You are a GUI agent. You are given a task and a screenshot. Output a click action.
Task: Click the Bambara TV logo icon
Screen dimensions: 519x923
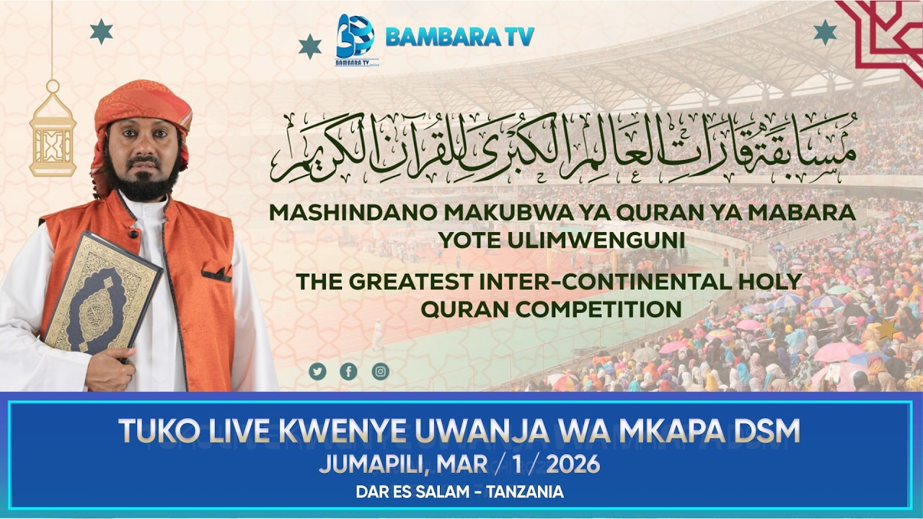355,37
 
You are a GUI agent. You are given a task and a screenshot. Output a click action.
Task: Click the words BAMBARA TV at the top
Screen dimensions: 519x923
459,37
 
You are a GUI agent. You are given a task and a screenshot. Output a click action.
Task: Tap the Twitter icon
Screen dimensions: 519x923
317,371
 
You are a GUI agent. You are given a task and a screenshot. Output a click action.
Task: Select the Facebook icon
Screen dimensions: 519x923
348,371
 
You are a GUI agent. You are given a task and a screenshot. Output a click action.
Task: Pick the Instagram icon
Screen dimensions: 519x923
380,371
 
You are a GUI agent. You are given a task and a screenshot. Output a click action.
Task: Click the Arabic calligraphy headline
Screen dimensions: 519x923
562,148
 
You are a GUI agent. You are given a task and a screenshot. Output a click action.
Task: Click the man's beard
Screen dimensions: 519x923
147,185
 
